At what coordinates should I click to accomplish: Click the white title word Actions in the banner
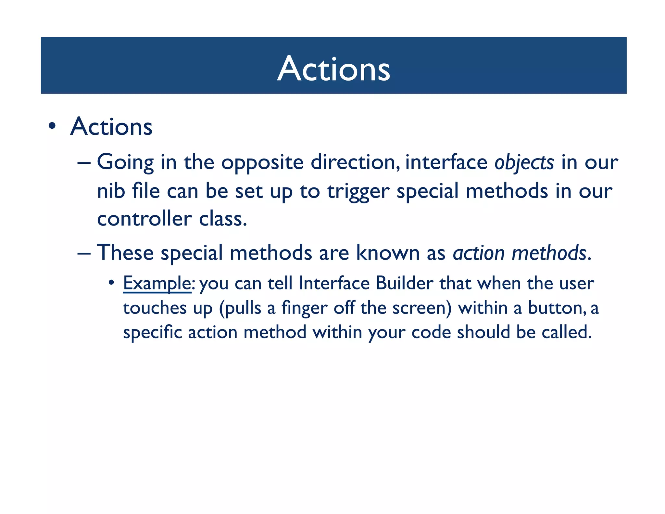(x=333, y=69)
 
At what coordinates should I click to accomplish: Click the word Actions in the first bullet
(x=111, y=127)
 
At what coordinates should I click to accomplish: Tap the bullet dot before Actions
(x=52, y=126)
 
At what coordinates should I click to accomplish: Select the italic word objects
(x=524, y=162)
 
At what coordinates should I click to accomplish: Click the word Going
(x=125, y=162)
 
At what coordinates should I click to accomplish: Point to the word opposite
(x=262, y=162)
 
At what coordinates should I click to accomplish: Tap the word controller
(x=144, y=219)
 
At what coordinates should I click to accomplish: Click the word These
(x=125, y=252)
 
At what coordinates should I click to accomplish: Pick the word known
(x=388, y=252)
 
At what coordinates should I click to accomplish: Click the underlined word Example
(x=157, y=283)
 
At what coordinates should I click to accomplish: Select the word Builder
(x=404, y=283)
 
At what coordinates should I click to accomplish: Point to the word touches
(x=155, y=308)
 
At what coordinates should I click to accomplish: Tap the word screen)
(x=422, y=308)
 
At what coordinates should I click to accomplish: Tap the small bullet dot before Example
(x=111, y=282)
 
